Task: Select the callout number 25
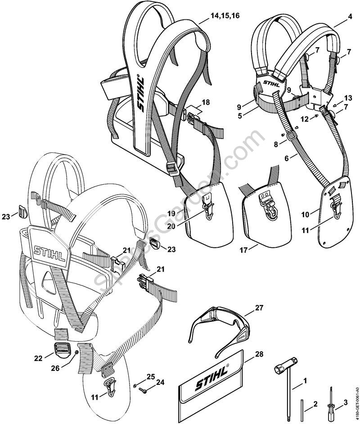tap(151, 375)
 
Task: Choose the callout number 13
tap(348, 98)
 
